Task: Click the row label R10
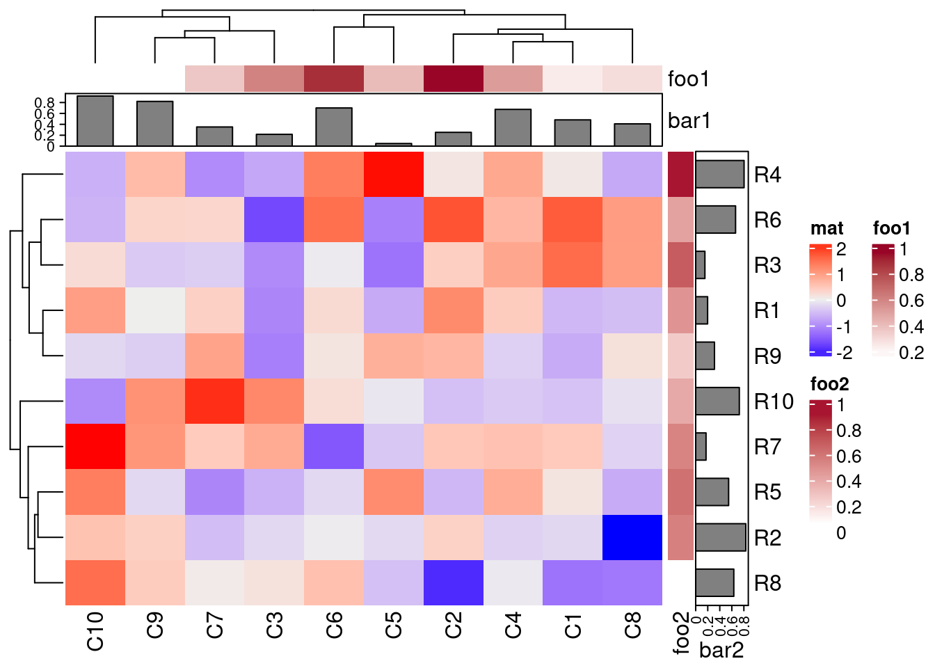pyautogui.click(x=774, y=401)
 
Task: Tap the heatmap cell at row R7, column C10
pyautogui.click(x=95, y=446)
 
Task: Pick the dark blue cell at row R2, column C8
pyautogui.click(x=632, y=537)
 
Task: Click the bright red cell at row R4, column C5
pyautogui.click(x=394, y=174)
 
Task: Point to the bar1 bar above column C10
pyautogui.click(x=95, y=121)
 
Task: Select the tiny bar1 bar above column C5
pyautogui.click(x=394, y=145)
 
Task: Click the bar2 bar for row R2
pyautogui.click(x=721, y=537)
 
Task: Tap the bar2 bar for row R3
pyautogui.click(x=700, y=265)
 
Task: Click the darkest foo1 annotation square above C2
pyautogui.click(x=453, y=79)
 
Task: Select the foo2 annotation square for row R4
pyautogui.click(x=681, y=174)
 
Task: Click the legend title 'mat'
pyautogui.click(x=826, y=228)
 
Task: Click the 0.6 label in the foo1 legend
pyautogui.click(x=911, y=301)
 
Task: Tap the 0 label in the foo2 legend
pyautogui.click(x=841, y=533)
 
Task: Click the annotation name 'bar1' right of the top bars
pyautogui.click(x=689, y=121)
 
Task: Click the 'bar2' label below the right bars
pyautogui.click(x=721, y=651)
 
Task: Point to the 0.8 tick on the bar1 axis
pyautogui.click(x=45, y=103)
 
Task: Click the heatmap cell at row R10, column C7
pyautogui.click(x=214, y=401)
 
